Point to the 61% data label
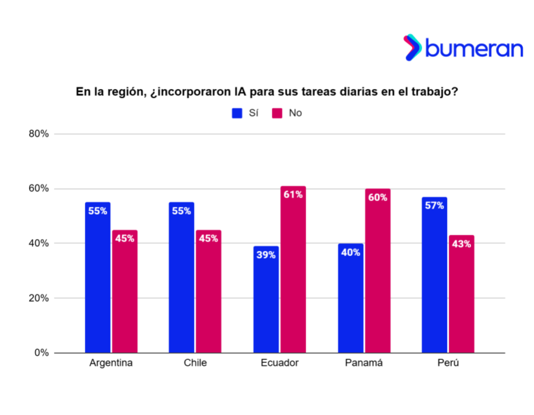(293, 194)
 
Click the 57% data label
(435, 206)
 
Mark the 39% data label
(266, 255)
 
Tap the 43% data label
(462, 244)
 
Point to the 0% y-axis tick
(42, 353)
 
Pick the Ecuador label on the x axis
(279, 363)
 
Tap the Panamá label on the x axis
(364, 363)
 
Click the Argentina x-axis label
(111, 363)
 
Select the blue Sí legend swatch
(237, 113)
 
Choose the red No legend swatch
(277, 113)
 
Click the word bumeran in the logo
(473, 48)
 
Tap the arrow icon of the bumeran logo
(412, 47)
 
